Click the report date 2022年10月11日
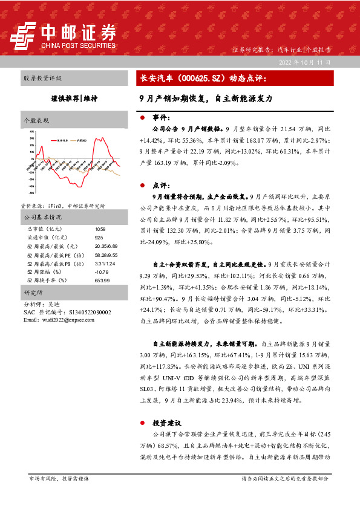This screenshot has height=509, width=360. click(x=304, y=63)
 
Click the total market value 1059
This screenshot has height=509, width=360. click(x=100, y=229)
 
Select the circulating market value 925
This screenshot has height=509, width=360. click(x=99, y=238)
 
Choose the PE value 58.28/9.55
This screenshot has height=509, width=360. click(x=106, y=254)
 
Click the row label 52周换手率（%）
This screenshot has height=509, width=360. click(x=47, y=280)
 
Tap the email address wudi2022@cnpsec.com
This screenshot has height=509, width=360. click(x=56, y=319)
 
